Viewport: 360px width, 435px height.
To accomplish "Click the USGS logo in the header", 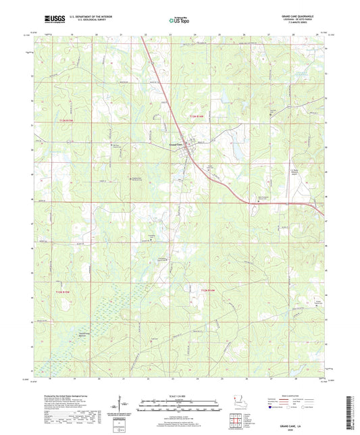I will click(x=52, y=21).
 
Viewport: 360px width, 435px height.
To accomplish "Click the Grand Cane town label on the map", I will click(x=176, y=144).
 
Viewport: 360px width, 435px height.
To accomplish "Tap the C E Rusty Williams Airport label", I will click(x=274, y=172).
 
